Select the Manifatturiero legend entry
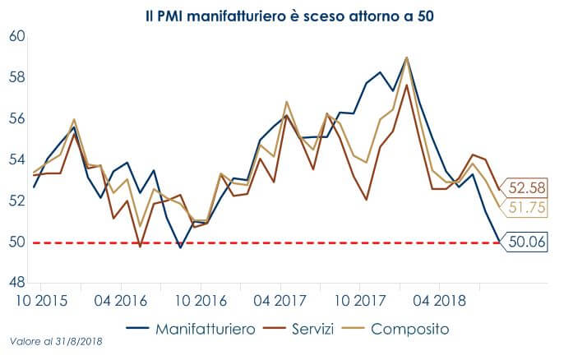[194, 329]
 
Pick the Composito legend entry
[399, 329]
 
